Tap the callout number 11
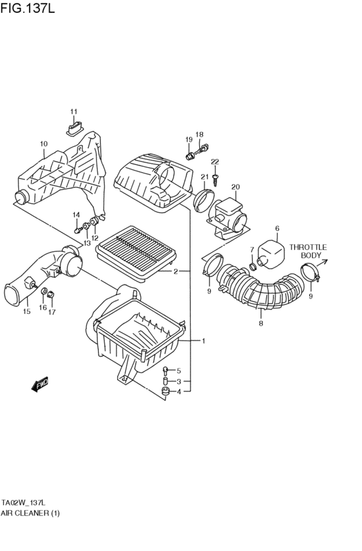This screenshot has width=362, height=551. (x=74, y=111)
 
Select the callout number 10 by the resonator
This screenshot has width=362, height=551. (x=43, y=144)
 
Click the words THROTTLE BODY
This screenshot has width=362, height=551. (x=308, y=251)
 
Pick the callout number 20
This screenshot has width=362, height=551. (x=235, y=187)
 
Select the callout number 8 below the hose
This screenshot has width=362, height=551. (x=261, y=323)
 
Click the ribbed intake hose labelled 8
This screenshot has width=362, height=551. (x=262, y=291)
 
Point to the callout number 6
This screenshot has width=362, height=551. (x=277, y=228)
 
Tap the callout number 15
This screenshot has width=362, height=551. (x=27, y=311)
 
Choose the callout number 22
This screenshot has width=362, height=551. (x=215, y=161)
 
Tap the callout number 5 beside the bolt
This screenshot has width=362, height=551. (x=179, y=370)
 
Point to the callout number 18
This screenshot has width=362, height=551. (x=199, y=135)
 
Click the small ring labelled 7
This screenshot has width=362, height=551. (x=252, y=266)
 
